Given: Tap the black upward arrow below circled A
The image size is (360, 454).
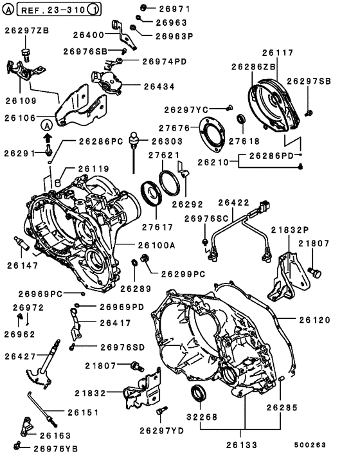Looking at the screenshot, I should click(x=48, y=137).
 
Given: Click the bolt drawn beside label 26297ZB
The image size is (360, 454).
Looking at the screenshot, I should click(x=26, y=52).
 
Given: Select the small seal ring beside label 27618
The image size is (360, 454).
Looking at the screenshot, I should click(x=242, y=119).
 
